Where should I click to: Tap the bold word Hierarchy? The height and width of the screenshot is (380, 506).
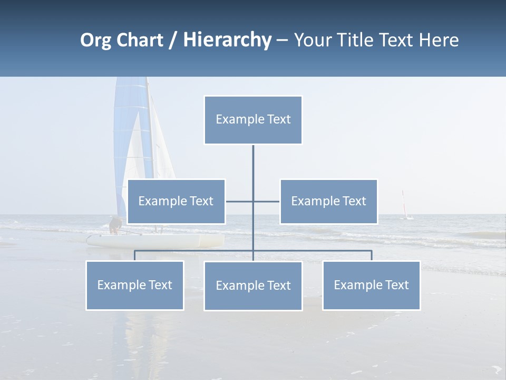pos(227,40)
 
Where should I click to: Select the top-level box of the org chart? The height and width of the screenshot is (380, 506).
pos(253,120)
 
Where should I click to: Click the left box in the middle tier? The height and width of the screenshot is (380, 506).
pos(176,201)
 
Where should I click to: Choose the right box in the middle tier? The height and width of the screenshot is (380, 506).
pos(328,201)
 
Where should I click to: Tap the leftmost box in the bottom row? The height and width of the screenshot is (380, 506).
pos(134,285)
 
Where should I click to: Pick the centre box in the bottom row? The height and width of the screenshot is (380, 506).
pos(253,286)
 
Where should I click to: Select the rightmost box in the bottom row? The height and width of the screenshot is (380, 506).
pos(371,285)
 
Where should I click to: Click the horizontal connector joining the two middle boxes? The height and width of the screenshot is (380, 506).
pos(240,201)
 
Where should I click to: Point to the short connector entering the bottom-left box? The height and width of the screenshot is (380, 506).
pos(134,255)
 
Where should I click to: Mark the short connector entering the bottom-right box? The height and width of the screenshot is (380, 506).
pos(372,255)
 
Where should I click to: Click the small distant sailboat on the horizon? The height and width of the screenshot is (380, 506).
pos(405,207)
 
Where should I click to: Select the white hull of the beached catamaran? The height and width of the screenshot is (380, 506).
pos(158,241)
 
